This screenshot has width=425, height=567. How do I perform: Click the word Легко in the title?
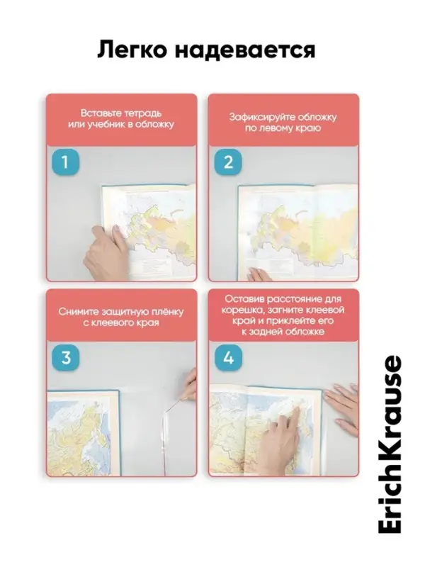click(x=132, y=50)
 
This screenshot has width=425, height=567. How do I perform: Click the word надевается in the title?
click(x=245, y=50)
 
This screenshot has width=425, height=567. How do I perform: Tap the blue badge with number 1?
click(x=65, y=162)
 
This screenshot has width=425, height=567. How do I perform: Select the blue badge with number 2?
click(x=228, y=162)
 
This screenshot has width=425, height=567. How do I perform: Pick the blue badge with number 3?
click(x=65, y=358)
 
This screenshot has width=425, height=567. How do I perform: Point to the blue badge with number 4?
click(x=228, y=358)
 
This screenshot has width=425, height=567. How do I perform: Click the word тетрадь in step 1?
click(x=143, y=113)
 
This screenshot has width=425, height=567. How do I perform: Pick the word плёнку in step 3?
click(x=167, y=312)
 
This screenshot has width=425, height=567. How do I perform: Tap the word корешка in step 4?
click(x=239, y=310)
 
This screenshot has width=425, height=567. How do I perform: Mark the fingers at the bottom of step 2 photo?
click(x=260, y=275)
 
